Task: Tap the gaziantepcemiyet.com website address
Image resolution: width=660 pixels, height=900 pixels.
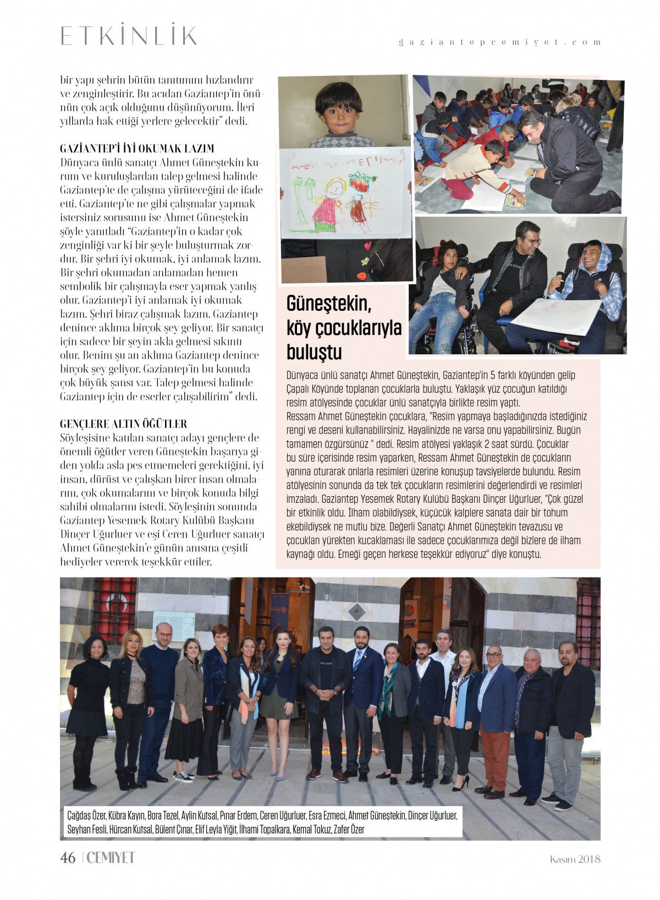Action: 499,42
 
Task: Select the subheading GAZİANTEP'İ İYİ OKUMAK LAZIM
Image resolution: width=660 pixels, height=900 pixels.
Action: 137,149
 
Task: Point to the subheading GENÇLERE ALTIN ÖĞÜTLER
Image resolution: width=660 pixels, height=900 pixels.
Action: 124,424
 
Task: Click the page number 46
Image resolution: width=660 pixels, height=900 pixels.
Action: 68,858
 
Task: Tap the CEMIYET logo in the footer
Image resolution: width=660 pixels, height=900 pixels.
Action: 111,858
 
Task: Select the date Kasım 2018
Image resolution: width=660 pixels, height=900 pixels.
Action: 575,859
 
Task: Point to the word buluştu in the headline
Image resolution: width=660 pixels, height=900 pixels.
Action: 314,352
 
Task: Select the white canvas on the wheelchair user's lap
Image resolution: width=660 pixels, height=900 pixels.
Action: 555,316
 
